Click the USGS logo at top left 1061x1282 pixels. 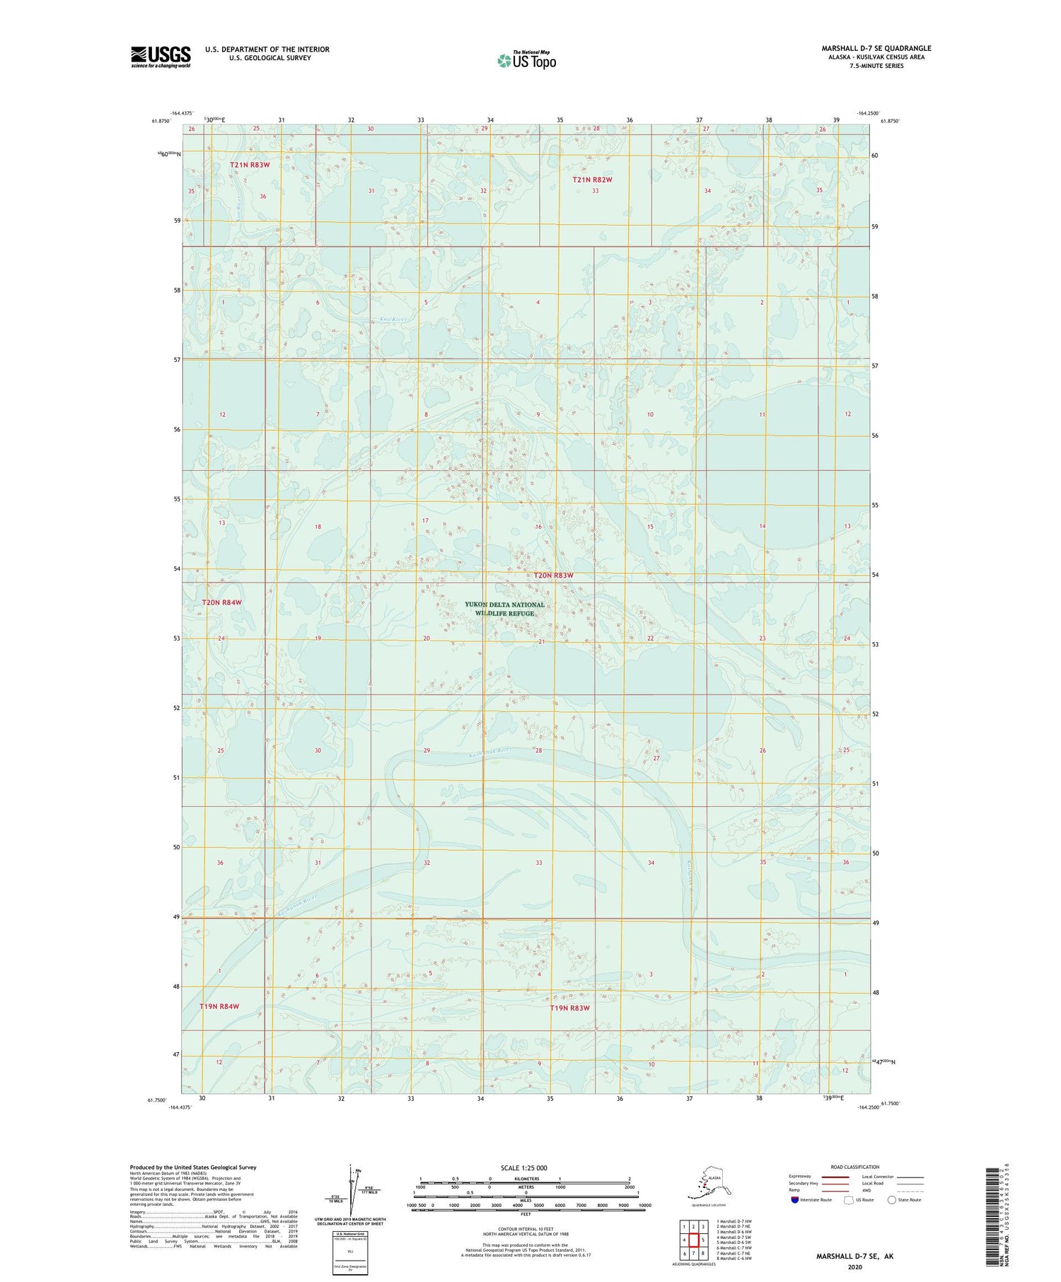[x=161, y=57]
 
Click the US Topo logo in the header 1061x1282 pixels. [x=527, y=60]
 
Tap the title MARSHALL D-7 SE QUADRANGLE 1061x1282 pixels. [x=876, y=48]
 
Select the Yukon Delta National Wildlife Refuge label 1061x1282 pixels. [x=504, y=609]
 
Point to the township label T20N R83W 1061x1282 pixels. [x=553, y=576]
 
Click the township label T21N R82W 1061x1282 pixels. [x=591, y=180]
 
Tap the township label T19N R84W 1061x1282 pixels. [x=219, y=1006]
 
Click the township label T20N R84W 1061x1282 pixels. [x=221, y=602]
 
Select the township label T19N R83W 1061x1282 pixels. [x=569, y=1008]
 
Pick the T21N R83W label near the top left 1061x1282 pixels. [x=250, y=165]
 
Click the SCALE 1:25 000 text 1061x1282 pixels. [x=523, y=1167]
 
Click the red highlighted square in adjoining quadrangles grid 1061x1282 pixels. [x=694, y=1240]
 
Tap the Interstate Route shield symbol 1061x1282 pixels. [x=795, y=1199]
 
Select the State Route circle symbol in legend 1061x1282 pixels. [x=892, y=1199]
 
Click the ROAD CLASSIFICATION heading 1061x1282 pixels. [x=854, y=1167]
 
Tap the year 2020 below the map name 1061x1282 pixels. [x=854, y=1267]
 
